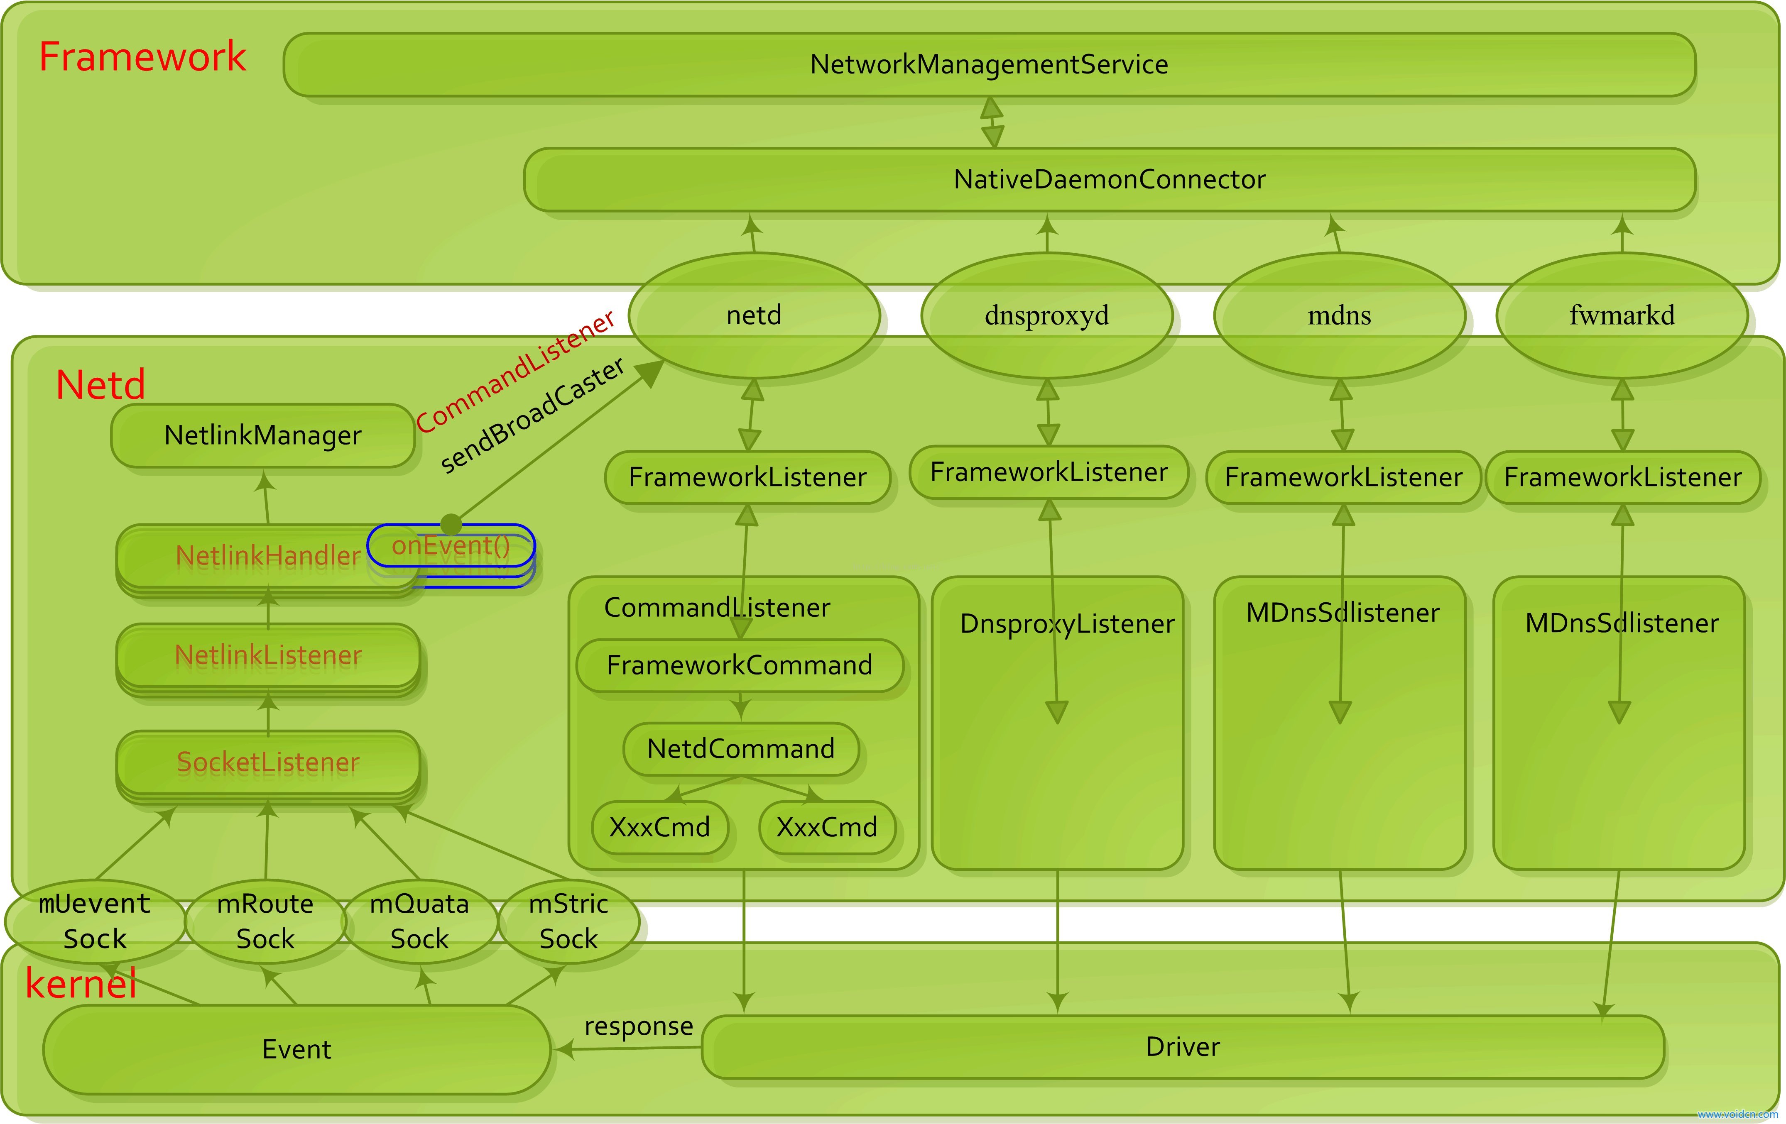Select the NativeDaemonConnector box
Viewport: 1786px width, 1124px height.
1110,179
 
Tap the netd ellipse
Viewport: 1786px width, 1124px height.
754,315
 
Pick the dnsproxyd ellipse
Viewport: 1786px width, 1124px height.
1046,315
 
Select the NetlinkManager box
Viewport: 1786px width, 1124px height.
262,435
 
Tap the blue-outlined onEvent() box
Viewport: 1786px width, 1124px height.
451,546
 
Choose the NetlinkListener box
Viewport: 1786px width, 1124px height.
268,655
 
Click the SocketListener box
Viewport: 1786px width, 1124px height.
268,762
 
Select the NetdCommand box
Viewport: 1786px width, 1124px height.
740,749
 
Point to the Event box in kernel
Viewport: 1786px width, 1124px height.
296,1049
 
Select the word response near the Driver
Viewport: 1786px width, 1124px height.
639,1026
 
